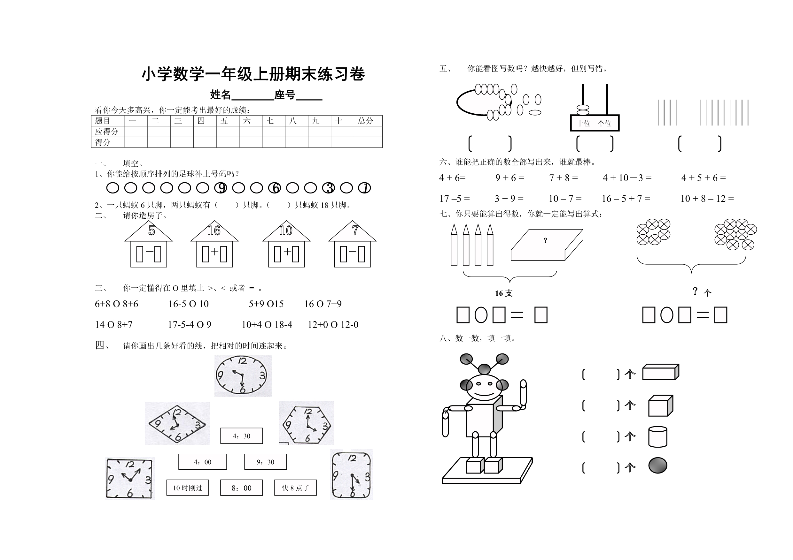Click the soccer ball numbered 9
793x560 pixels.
(x=221, y=188)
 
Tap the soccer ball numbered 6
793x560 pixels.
(x=275, y=188)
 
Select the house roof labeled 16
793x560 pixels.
(x=214, y=231)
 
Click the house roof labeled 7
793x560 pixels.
(x=352, y=231)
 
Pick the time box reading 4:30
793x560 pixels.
(x=241, y=436)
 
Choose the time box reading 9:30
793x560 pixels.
(x=265, y=462)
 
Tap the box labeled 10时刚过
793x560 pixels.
(x=188, y=488)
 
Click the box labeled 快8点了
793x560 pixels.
(x=295, y=488)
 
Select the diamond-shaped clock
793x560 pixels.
(x=177, y=424)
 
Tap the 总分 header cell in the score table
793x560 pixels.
(x=368, y=121)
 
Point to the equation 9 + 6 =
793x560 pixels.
(x=509, y=178)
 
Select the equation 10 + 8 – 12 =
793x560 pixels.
(x=707, y=198)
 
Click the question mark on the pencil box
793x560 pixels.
(x=545, y=240)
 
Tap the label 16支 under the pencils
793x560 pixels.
(x=503, y=293)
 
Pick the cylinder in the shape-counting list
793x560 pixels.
(x=657, y=437)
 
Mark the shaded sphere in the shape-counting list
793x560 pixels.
(x=657, y=465)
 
